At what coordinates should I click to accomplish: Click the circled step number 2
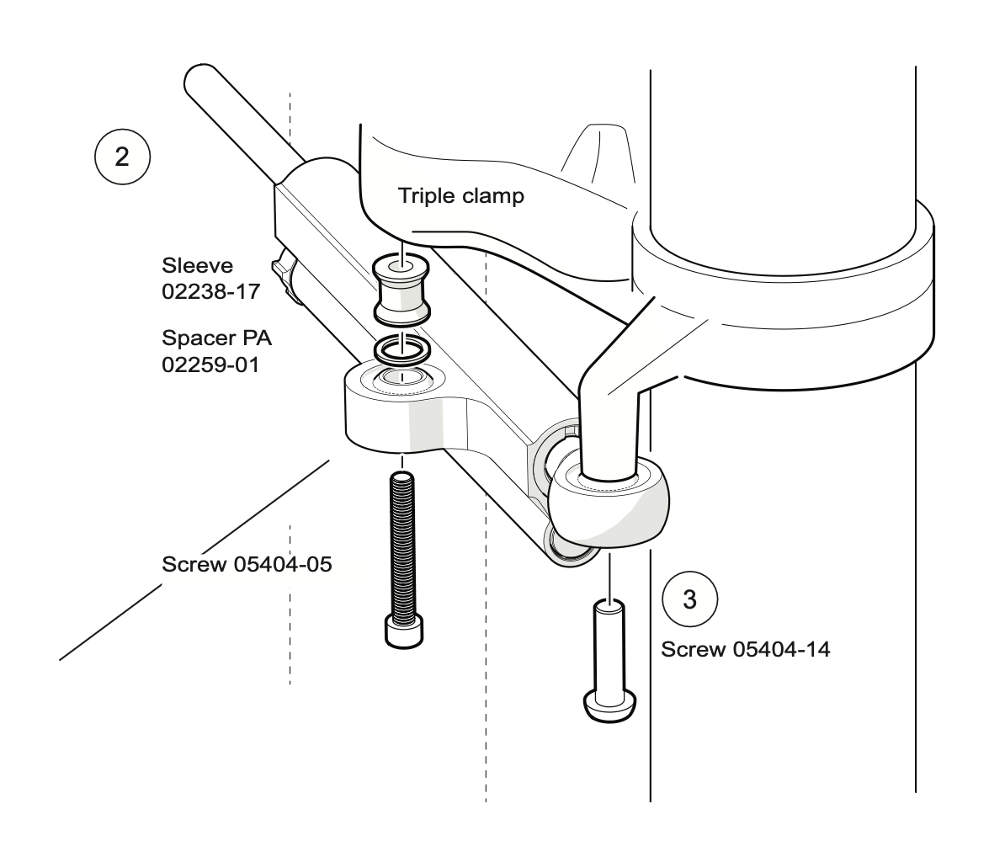122,157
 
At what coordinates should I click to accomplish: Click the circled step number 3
689,599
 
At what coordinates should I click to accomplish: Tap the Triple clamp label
460,196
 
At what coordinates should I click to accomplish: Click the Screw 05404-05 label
247,563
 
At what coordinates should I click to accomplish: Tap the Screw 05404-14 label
746,650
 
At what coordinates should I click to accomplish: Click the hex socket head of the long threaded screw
404,630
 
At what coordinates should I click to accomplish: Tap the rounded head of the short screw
610,705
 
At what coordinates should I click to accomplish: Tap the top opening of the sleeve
401,267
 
